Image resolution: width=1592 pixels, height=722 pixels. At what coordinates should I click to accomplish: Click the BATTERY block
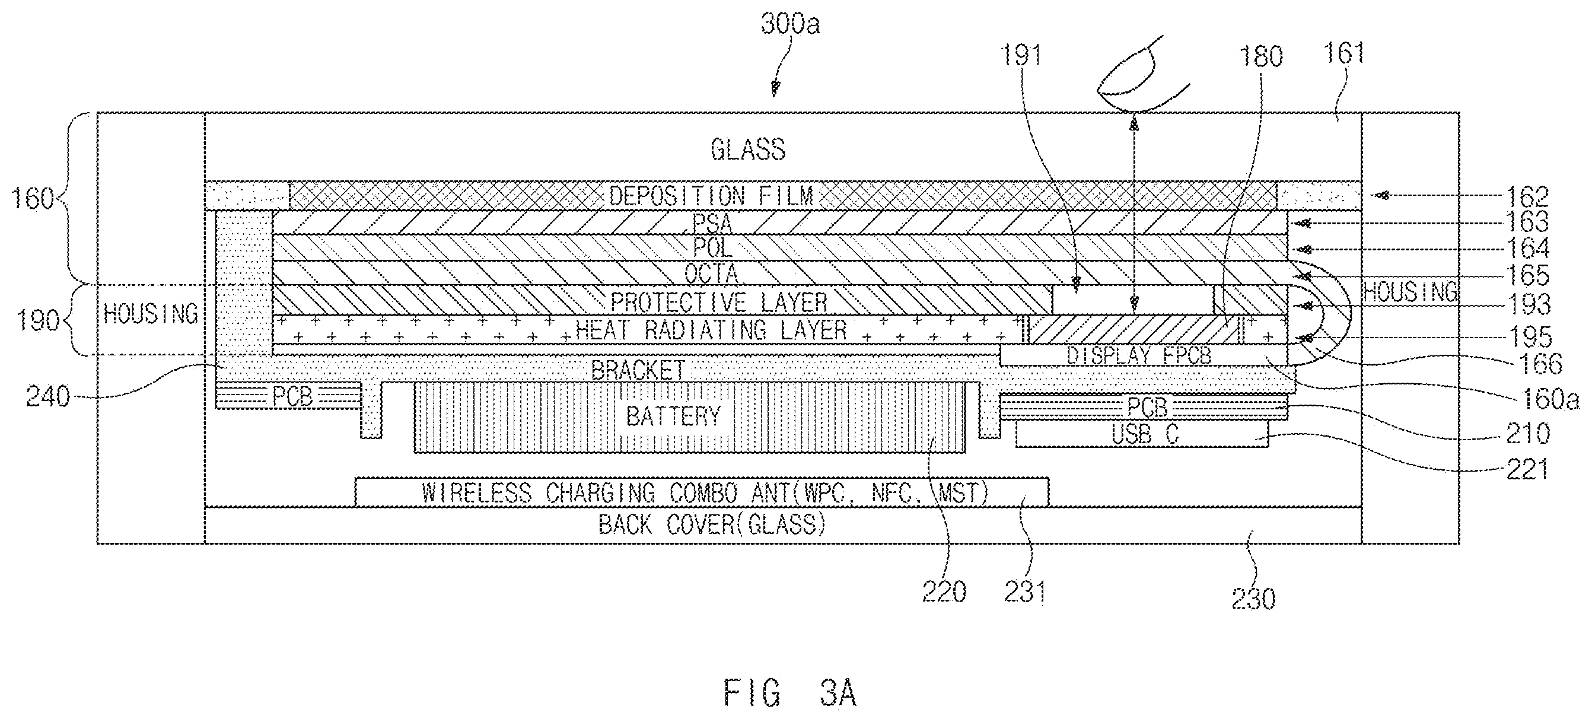click(690, 417)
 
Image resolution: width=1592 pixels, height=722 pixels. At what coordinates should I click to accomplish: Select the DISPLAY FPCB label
click(1139, 355)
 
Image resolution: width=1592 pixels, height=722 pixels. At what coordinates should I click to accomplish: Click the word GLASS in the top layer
click(748, 150)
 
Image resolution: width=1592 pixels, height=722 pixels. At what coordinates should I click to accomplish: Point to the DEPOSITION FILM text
click(711, 196)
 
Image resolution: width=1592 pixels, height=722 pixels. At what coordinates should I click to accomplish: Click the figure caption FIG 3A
click(790, 693)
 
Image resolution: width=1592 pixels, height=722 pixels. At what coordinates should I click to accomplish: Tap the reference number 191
click(1020, 56)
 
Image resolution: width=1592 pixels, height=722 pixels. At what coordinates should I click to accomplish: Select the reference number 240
click(48, 396)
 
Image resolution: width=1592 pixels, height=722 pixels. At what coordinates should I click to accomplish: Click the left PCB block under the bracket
click(288, 396)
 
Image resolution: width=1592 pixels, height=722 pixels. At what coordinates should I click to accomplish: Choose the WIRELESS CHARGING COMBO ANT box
click(702, 492)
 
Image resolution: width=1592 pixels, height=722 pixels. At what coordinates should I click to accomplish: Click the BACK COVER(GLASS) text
click(712, 525)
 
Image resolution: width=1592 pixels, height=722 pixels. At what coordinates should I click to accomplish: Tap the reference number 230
click(1253, 599)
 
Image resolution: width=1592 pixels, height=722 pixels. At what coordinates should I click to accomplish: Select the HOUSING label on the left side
click(151, 314)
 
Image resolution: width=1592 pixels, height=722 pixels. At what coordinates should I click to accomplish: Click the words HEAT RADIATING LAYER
click(711, 330)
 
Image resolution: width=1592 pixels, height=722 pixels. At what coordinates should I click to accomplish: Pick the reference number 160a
click(1549, 399)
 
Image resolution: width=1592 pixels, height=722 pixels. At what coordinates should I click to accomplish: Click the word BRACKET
click(638, 370)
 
